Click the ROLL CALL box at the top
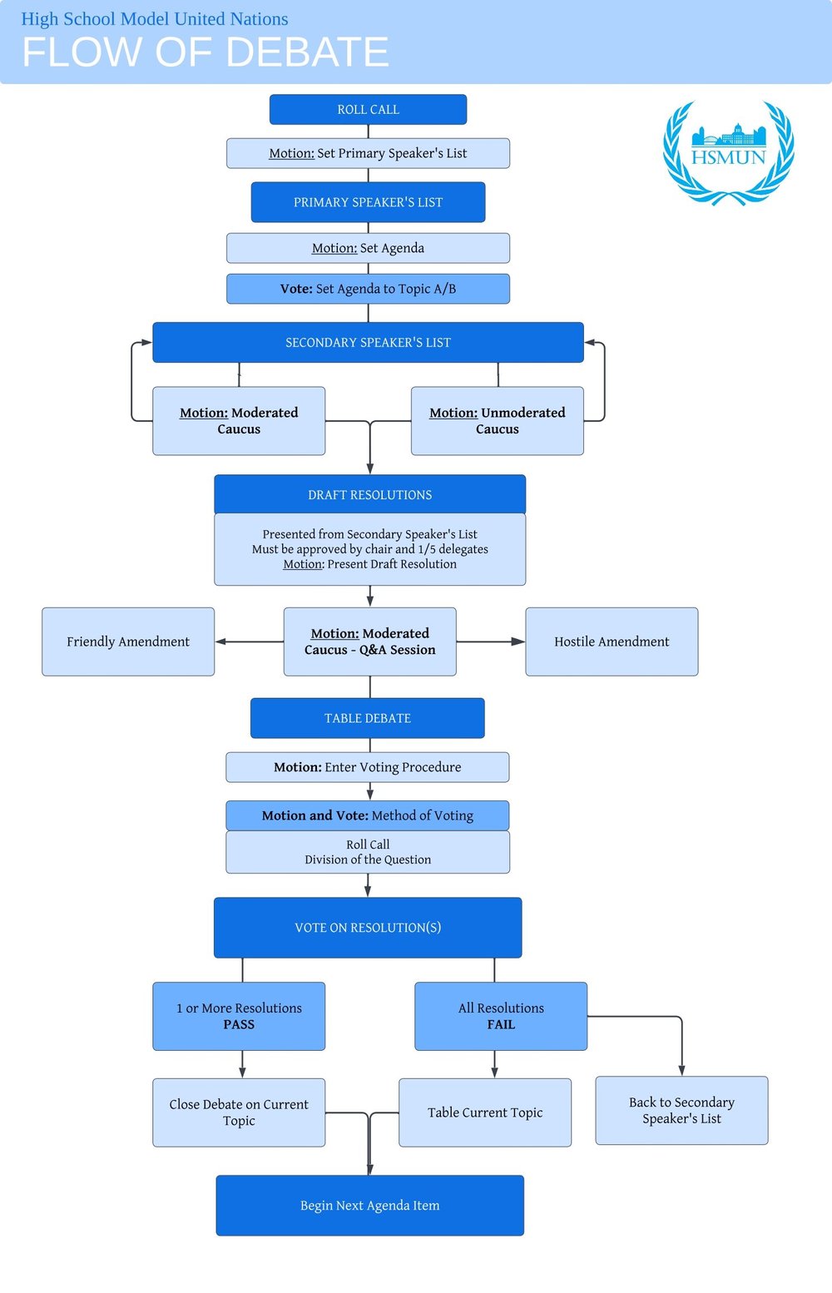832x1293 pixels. [368, 109]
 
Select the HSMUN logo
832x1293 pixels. [728, 152]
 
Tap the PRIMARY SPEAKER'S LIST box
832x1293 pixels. [368, 202]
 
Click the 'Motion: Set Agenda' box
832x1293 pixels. [368, 248]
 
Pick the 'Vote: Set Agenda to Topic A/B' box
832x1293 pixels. [368, 289]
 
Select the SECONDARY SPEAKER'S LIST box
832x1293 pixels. [368, 342]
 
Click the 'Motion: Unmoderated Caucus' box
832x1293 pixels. [497, 421]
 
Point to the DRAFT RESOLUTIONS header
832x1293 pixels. [369, 494]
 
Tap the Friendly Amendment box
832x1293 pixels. [128, 642]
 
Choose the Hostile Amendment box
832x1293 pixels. [612, 642]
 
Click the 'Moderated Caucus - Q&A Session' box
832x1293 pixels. [369, 642]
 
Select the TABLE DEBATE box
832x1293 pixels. [367, 718]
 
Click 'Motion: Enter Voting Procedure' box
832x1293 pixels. [367, 767]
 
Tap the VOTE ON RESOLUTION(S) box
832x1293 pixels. [368, 928]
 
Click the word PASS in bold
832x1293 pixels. [239, 1025]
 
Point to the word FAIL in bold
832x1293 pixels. [501, 1025]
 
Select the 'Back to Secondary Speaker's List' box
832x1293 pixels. [681, 1111]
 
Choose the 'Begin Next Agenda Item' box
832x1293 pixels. [369, 1206]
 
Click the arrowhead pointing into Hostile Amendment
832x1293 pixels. [518, 642]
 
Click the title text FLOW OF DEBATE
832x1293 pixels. [205, 52]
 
